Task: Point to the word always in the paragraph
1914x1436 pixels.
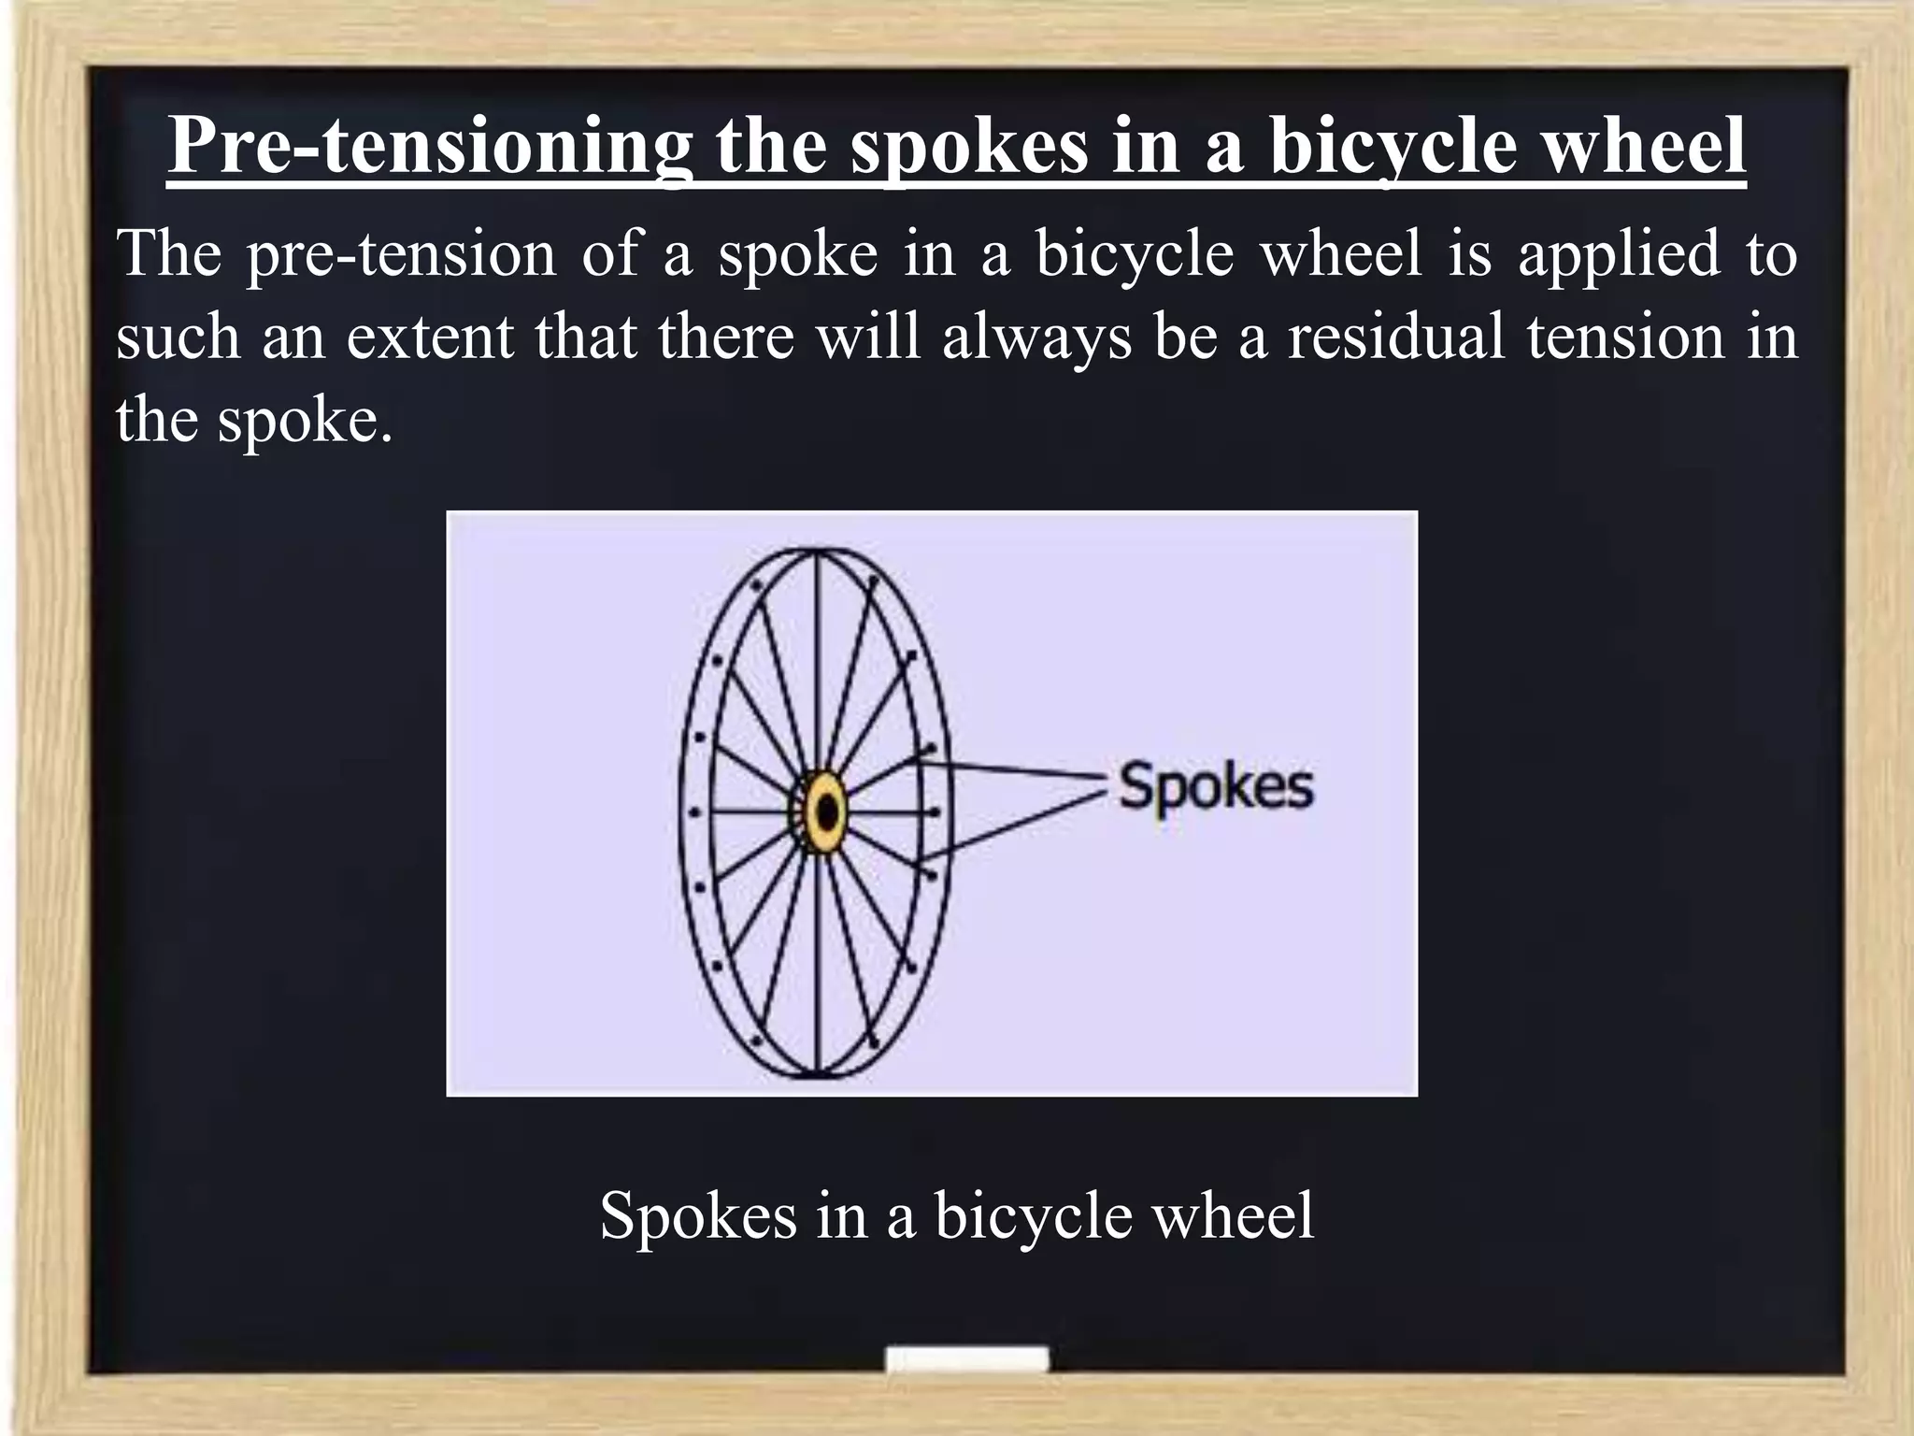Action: (x=1036, y=337)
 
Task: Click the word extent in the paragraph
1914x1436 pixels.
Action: (x=430, y=336)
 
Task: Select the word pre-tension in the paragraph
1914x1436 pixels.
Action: (x=402, y=255)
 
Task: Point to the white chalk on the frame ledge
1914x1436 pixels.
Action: (x=966, y=1359)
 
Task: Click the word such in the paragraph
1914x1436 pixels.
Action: (x=178, y=336)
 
